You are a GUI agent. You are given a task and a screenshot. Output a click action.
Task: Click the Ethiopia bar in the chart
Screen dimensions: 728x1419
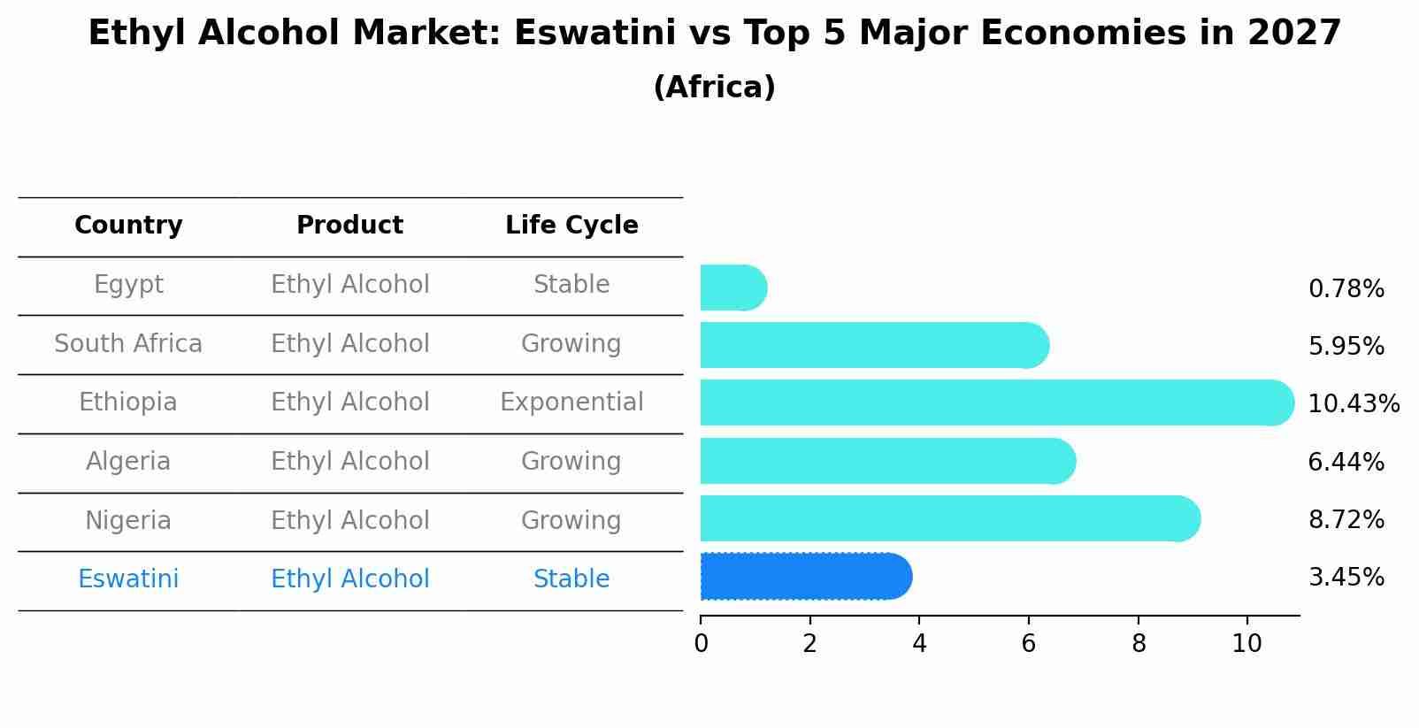pos(995,402)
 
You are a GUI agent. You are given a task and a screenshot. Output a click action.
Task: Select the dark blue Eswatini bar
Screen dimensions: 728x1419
pos(805,577)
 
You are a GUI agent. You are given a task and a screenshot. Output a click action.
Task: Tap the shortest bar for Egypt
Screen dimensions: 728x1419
pos(733,287)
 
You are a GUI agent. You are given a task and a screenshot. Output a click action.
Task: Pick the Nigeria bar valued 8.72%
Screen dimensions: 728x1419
pos(949,518)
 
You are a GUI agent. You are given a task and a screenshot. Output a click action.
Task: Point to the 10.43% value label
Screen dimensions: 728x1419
pos(1353,404)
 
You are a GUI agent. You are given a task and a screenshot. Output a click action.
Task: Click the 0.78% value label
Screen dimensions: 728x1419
pos(1346,289)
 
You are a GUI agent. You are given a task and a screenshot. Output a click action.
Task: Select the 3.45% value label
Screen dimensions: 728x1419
pos(1346,578)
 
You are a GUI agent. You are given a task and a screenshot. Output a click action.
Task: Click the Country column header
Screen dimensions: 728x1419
pos(128,226)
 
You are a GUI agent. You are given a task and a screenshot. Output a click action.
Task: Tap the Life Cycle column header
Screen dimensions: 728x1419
pos(571,226)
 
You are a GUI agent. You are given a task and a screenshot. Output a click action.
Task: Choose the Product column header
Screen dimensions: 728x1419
pos(349,226)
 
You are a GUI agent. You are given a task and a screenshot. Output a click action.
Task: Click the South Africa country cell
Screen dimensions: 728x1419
pos(128,344)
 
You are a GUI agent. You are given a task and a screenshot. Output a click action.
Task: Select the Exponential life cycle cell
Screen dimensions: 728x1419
pos(571,402)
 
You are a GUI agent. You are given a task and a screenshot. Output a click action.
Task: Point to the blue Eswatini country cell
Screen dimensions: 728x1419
pos(128,579)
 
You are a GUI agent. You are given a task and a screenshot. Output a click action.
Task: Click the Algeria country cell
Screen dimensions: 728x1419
pos(128,462)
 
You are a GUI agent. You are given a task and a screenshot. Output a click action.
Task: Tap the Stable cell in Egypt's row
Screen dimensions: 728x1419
pos(571,285)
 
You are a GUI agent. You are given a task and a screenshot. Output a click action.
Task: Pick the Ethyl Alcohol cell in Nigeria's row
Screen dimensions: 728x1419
pos(349,521)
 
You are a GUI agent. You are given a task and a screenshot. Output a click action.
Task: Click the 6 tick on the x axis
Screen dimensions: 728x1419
pos(1028,644)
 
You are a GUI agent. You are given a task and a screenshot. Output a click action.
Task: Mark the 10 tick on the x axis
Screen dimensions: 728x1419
pos(1246,644)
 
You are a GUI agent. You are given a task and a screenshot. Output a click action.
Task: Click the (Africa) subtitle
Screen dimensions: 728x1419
pos(714,88)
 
